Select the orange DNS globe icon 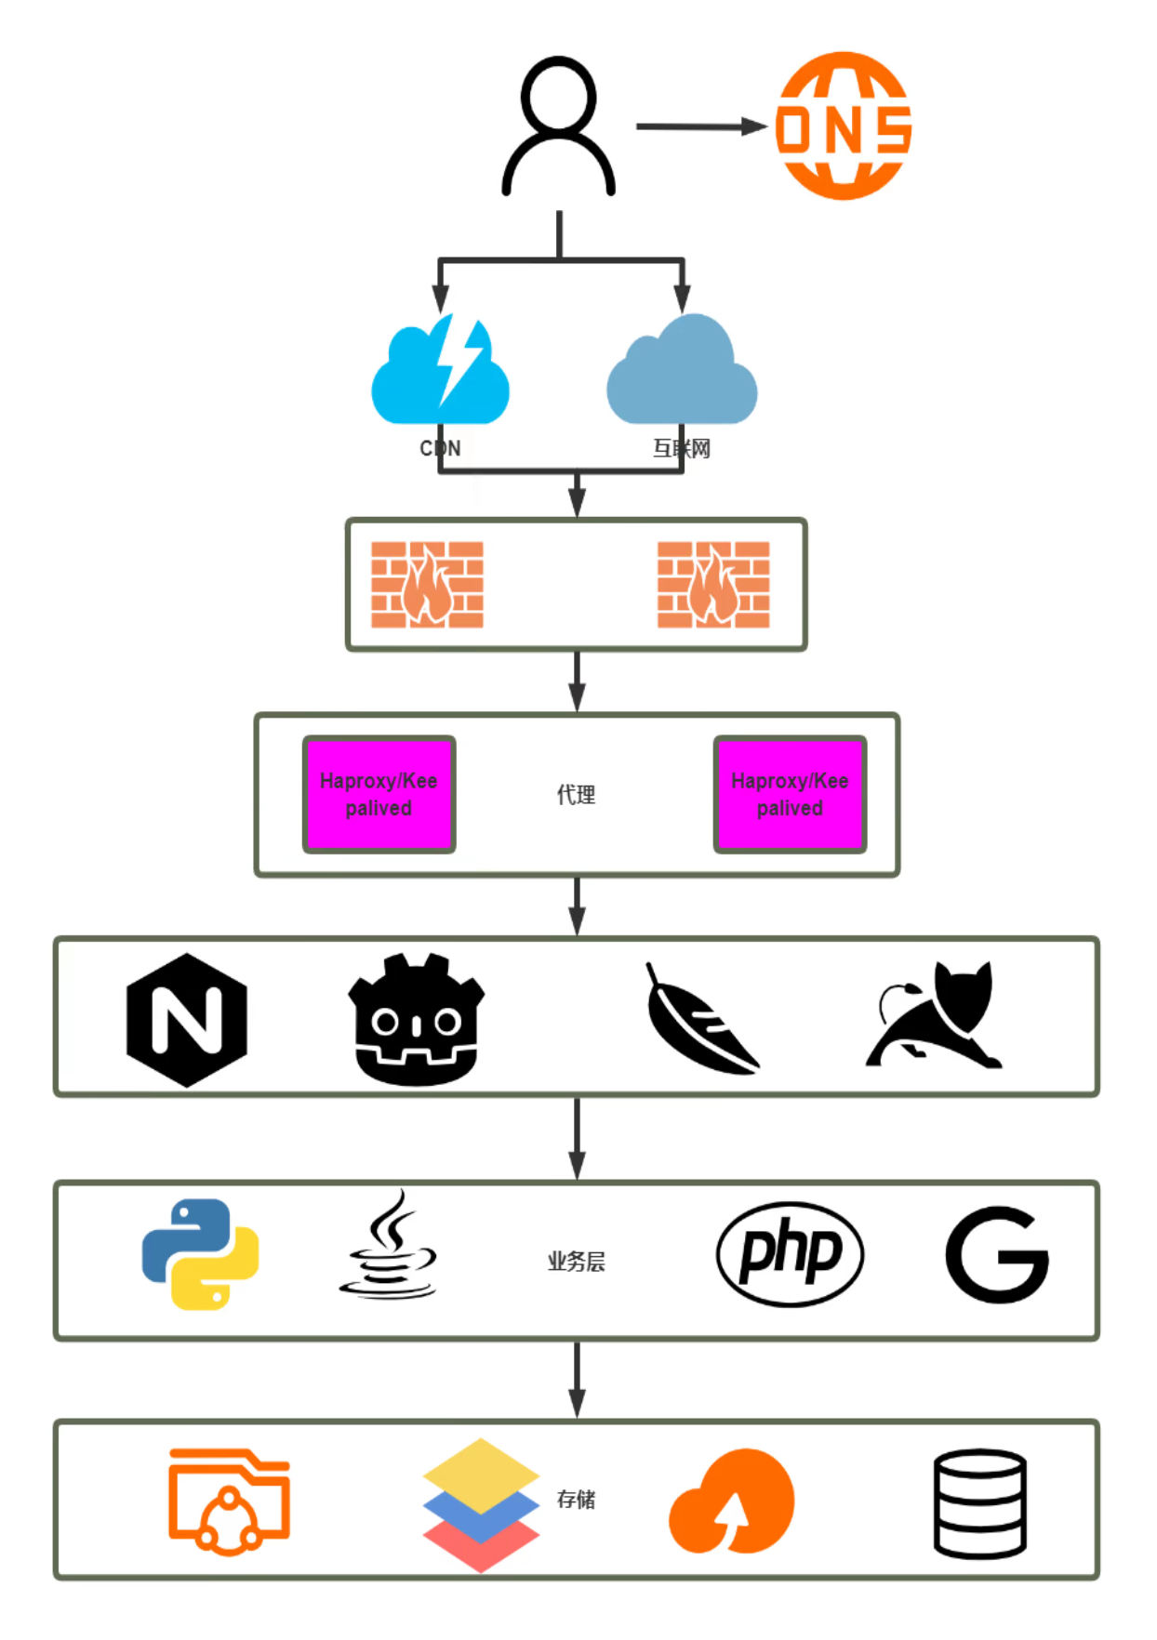(x=844, y=126)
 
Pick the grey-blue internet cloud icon (x=682, y=372)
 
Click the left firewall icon (x=427, y=584)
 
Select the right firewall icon (x=713, y=584)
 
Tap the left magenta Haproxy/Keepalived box (x=379, y=794)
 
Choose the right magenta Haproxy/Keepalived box (x=790, y=794)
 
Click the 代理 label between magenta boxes (x=576, y=795)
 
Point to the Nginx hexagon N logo (x=187, y=1020)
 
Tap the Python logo (x=200, y=1254)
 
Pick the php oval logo (x=790, y=1254)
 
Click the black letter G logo (x=996, y=1254)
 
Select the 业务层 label (x=576, y=1262)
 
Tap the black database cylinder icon (x=979, y=1502)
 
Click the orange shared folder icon (x=229, y=1501)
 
